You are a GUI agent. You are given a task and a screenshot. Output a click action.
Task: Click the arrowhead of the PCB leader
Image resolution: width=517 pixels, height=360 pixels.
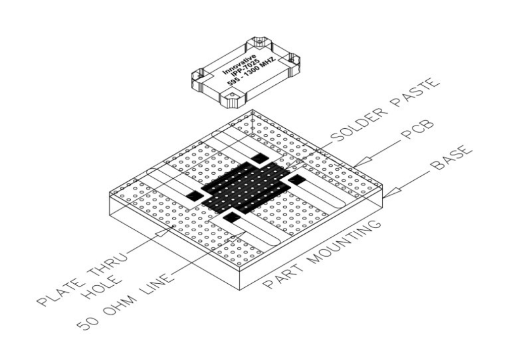(x=362, y=162)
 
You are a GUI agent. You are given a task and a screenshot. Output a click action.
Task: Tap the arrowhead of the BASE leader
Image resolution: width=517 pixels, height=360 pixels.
(x=392, y=193)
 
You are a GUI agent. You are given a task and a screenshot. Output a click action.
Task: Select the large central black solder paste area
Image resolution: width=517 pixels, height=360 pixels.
(x=246, y=188)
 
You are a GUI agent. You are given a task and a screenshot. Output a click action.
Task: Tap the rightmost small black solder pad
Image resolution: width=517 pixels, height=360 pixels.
(x=297, y=180)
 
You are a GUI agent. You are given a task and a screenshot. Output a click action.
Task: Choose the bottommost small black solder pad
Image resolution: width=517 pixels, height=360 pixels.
(x=232, y=217)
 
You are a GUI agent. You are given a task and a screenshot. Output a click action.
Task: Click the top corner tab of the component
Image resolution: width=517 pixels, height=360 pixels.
(x=259, y=42)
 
